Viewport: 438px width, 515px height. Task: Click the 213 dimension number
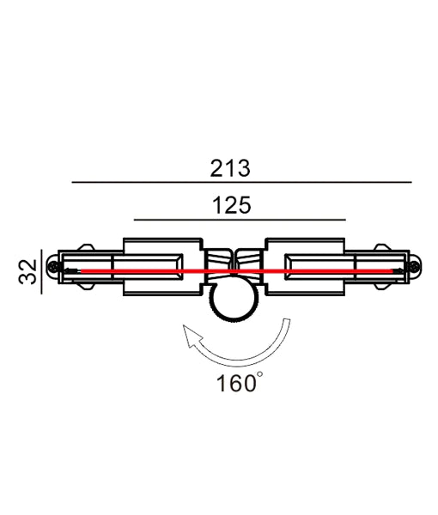pos(229,168)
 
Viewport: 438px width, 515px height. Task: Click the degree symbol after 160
pos(259,375)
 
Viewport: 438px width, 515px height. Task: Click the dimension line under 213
pos(241,183)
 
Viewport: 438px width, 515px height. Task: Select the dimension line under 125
pos(240,220)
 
